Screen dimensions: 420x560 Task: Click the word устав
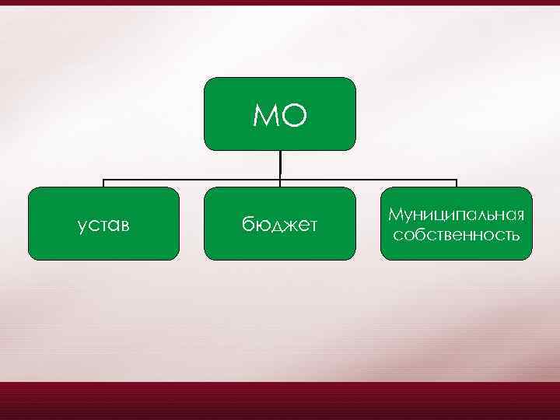[103, 226]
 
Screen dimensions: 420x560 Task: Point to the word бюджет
[280, 226]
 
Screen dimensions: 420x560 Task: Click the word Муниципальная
[457, 215]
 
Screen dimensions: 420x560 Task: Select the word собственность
[457, 233]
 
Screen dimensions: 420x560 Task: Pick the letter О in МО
[295, 116]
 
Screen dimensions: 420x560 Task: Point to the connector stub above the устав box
[103, 184]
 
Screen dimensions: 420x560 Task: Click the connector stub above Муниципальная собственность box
[457, 184]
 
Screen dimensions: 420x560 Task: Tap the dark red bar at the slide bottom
[280, 401]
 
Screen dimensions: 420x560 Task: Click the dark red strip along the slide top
[280, 2]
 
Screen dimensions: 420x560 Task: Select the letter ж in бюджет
[286, 226]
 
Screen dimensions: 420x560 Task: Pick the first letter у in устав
[82, 226]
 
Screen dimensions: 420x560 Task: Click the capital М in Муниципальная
[395, 215]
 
